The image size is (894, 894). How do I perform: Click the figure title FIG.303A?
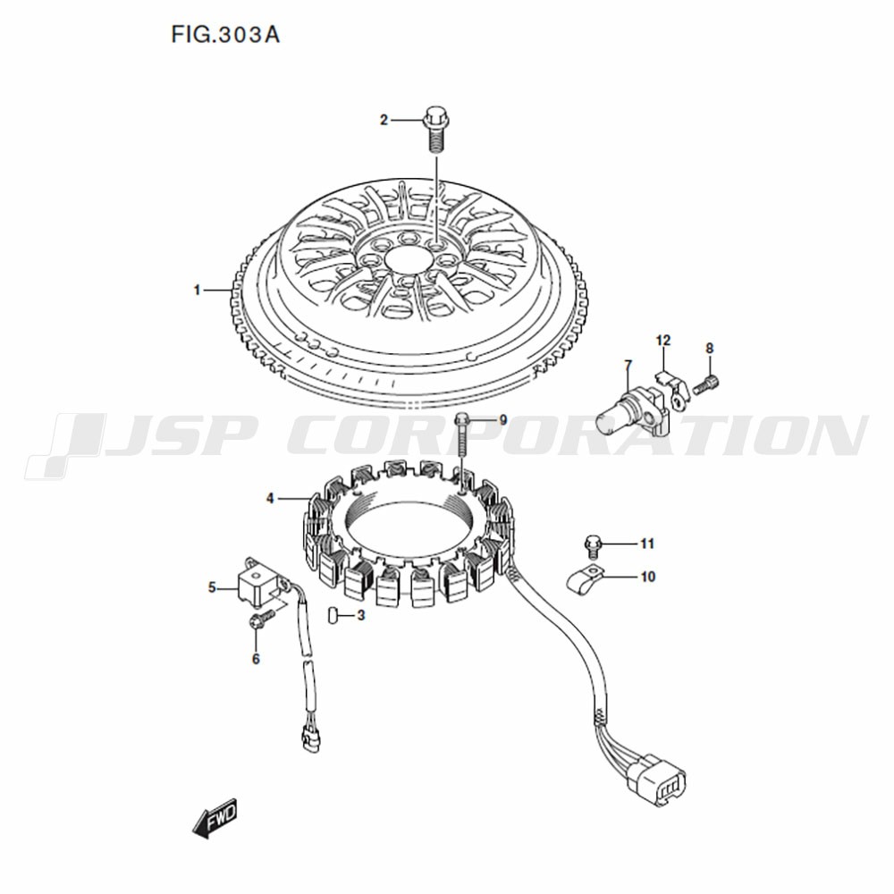(x=225, y=36)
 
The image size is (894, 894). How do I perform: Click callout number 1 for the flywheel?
(x=198, y=291)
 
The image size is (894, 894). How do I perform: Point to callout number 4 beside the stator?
(x=270, y=499)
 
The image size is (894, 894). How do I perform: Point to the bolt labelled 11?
(x=592, y=545)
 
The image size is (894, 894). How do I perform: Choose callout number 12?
(x=663, y=341)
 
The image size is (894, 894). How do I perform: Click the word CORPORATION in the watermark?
(x=577, y=436)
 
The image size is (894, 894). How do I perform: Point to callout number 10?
(x=648, y=577)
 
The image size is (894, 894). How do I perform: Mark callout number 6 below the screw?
(x=256, y=660)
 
